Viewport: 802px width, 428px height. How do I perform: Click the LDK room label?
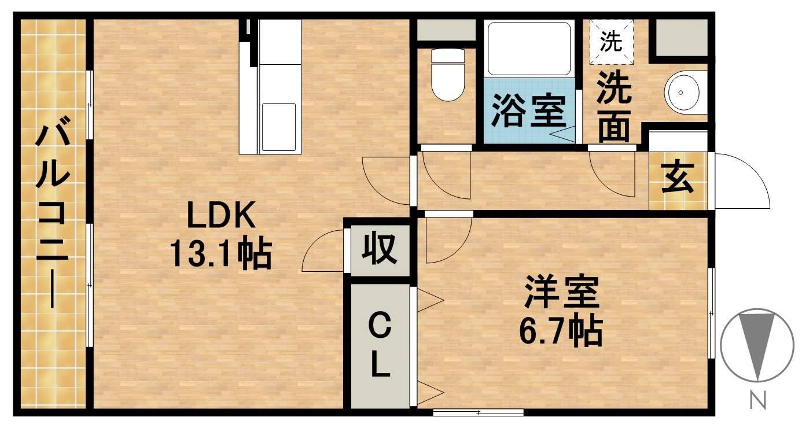(x=220, y=218)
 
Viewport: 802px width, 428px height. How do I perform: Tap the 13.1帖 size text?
(x=220, y=254)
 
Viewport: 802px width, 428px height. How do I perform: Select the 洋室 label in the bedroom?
(x=561, y=293)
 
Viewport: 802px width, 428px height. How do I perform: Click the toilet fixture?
(x=448, y=75)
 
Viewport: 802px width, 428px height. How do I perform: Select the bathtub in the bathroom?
(x=527, y=49)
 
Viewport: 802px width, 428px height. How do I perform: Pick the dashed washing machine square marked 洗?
(x=612, y=41)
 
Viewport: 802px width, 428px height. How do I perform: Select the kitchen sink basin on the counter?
(x=279, y=126)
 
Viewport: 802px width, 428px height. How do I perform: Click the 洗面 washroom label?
(x=614, y=108)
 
